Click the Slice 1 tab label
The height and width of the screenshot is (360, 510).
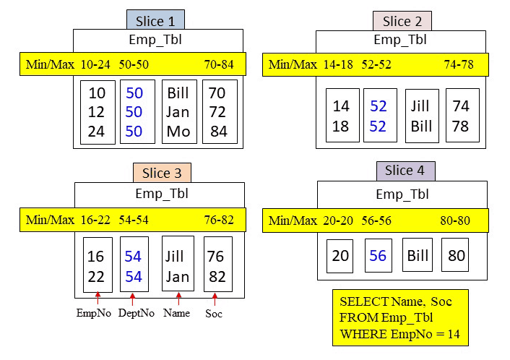click(x=155, y=21)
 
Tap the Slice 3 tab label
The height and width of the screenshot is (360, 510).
click(x=162, y=173)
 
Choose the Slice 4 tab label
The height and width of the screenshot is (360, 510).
click(x=405, y=171)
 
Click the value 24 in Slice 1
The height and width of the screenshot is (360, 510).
click(x=96, y=132)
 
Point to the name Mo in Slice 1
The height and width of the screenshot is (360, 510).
click(x=178, y=132)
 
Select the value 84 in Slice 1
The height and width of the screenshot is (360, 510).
click(x=219, y=132)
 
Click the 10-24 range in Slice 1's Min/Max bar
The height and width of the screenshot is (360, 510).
click(x=95, y=64)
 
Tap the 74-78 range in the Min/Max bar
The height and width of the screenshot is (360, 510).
click(x=459, y=64)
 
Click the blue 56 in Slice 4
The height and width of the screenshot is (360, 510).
click(x=378, y=256)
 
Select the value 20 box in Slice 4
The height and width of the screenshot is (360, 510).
click(x=340, y=256)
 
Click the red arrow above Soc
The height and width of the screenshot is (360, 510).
click(x=215, y=299)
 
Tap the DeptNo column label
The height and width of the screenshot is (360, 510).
click(x=132, y=313)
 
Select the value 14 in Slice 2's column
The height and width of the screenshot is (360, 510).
click(x=341, y=106)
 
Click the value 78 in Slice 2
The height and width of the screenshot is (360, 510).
click(x=461, y=126)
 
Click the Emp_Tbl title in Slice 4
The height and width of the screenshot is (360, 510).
click(x=402, y=194)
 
